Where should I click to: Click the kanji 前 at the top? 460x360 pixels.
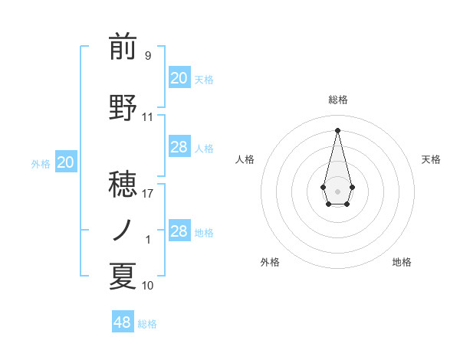(123, 47)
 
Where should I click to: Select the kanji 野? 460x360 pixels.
(123, 108)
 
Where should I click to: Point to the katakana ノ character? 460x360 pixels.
(123, 229)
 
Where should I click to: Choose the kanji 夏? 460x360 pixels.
(123, 277)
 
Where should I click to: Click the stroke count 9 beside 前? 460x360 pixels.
(147, 56)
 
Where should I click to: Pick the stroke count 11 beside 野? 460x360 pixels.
(148, 117)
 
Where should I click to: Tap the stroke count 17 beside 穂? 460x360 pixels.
(148, 194)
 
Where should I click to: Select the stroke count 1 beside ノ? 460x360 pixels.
(148, 240)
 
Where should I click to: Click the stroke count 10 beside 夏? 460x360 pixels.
(148, 286)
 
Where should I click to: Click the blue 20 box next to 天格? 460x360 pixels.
(179, 78)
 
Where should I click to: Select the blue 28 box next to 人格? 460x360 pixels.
(179, 147)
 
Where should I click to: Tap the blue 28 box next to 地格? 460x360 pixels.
(179, 231)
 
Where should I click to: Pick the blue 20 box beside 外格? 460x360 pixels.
(66, 162)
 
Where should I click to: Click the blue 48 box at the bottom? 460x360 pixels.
(122, 322)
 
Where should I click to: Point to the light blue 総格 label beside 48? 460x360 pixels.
(147, 324)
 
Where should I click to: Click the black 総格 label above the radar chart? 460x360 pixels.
(337, 100)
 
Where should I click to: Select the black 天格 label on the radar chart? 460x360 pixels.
(431, 159)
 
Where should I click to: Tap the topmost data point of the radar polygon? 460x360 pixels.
(337, 129)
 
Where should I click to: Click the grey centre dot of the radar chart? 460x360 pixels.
(337, 190)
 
